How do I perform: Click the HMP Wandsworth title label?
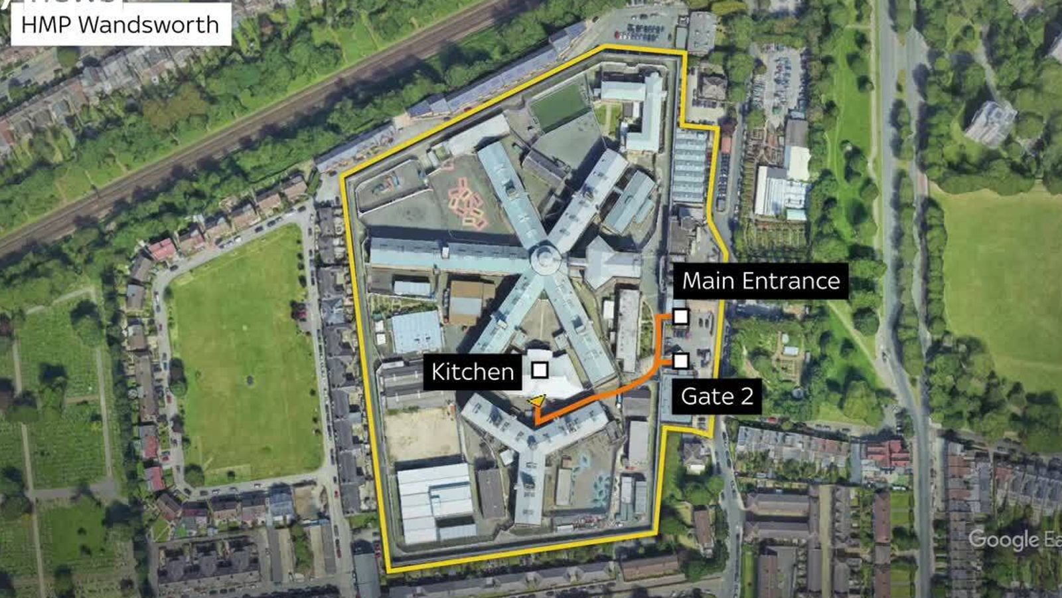pos(120,25)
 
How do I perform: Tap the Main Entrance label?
pos(761,281)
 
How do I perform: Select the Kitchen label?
pos(472,371)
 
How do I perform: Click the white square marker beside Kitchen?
pos(540,370)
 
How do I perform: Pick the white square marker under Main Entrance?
pos(680,316)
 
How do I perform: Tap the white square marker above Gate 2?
pos(680,361)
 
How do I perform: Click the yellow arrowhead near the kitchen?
pos(537,401)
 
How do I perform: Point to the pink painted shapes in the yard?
pos(468,203)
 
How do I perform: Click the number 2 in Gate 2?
pos(747,396)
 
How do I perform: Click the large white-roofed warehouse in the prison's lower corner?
pos(435,502)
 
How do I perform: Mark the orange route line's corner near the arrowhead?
pos(536,422)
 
